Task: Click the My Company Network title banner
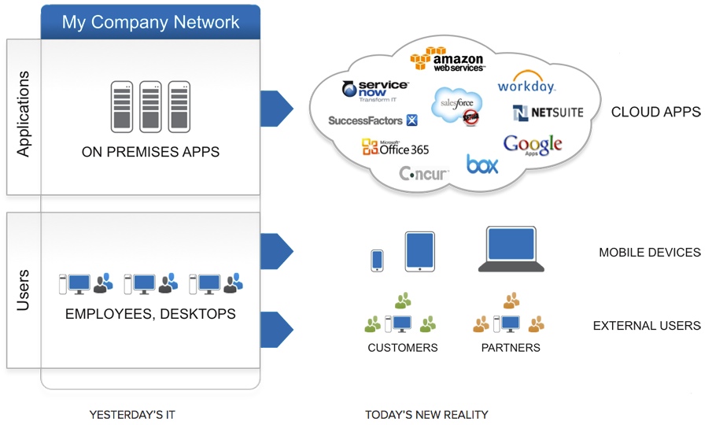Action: click(150, 21)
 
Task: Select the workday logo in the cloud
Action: click(526, 86)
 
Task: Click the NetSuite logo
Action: click(548, 113)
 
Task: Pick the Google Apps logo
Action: click(533, 145)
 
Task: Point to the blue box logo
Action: click(482, 164)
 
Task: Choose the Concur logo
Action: click(424, 173)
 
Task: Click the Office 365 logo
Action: click(396, 147)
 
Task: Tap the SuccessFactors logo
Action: click(373, 120)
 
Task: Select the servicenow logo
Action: click(375, 91)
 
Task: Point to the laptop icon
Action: click(511, 249)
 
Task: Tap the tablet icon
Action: click(419, 251)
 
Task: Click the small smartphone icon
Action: click(377, 261)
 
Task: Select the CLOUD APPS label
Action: click(655, 113)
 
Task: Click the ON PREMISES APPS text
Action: click(150, 152)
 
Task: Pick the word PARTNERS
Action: click(511, 347)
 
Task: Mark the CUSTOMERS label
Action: click(403, 347)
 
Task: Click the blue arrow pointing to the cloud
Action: click(276, 108)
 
